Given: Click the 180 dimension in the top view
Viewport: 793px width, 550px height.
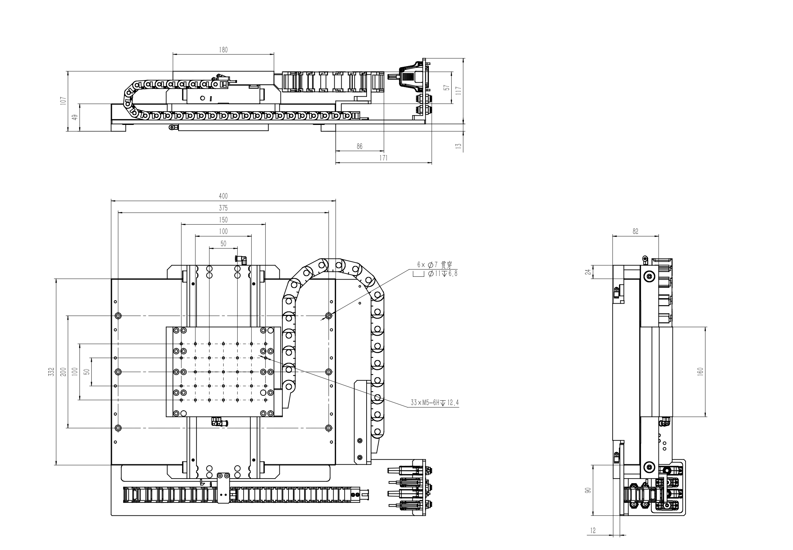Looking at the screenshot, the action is pyautogui.click(x=223, y=50).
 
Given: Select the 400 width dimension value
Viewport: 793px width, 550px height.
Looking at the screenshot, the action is pyautogui.click(x=223, y=196).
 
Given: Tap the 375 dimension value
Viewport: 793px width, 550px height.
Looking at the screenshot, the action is pyautogui.click(x=223, y=208).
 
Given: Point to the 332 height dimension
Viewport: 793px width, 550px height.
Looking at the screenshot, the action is pyautogui.click(x=51, y=372).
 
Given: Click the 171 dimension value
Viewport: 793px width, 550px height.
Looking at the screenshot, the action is pyautogui.click(x=384, y=158).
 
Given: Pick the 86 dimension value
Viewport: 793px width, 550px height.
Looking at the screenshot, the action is pyautogui.click(x=360, y=147).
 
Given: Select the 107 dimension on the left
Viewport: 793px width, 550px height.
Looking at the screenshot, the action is pyautogui.click(x=63, y=101).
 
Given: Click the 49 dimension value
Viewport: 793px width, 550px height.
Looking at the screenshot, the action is pyautogui.click(x=75, y=117).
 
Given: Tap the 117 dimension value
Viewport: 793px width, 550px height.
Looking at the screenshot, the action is pyautogui.click(x=459, y=90).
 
